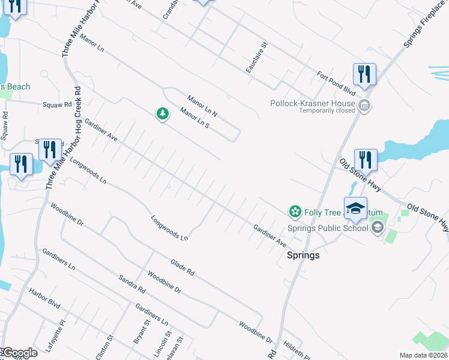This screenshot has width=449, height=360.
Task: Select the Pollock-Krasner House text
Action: pyautogui.click(x=312, y=103)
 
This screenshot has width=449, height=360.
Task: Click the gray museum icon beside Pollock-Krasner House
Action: pyautogui.click(x=364, y=107)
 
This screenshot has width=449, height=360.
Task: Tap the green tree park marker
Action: pyautogui.click(x=162, y=114)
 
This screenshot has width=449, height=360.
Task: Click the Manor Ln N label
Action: pyautogui.click(x=202, y=106)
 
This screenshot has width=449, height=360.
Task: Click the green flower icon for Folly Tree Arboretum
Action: pyautogui.click(x=294, y=211)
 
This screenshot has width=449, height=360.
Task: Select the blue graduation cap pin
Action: pyautogui.click(x=355, y=207)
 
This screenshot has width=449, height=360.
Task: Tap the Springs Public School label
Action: pyautogui.click(x=328, y=228)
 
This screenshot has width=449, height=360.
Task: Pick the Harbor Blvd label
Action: pyautogui.click(x=45, y=299)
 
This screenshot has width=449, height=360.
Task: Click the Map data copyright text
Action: pyautogui.click(x=423, y=355)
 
